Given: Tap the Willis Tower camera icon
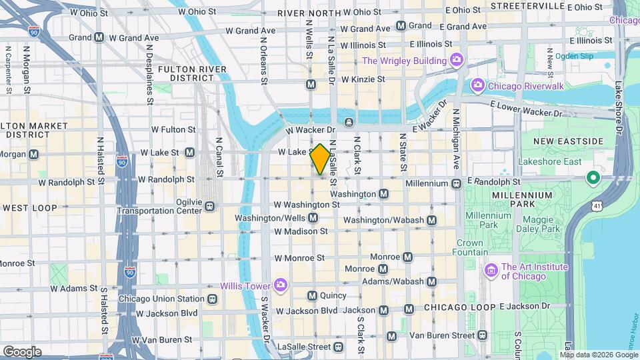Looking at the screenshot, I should point(281,285).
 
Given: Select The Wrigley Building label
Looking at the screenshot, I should point(404,61).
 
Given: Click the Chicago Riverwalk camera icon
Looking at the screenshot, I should point(477,85).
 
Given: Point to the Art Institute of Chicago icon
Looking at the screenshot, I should point(491,271).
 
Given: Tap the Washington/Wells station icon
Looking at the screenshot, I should point(312,218).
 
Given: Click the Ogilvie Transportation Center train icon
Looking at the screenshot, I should point(209,206).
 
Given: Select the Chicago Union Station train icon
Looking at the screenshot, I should point(212,299).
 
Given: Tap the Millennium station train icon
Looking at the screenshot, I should point(456,183).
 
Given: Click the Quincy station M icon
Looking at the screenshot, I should point(311,295).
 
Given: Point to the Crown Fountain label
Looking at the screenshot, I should point(470,247).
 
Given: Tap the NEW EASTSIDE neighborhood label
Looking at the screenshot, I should point(568,141).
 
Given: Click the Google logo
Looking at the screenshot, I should point(22,351).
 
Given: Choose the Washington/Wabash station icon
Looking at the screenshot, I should point(431,220).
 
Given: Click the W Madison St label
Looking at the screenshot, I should point(301,231).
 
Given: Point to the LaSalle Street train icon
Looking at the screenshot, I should point(339,347).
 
